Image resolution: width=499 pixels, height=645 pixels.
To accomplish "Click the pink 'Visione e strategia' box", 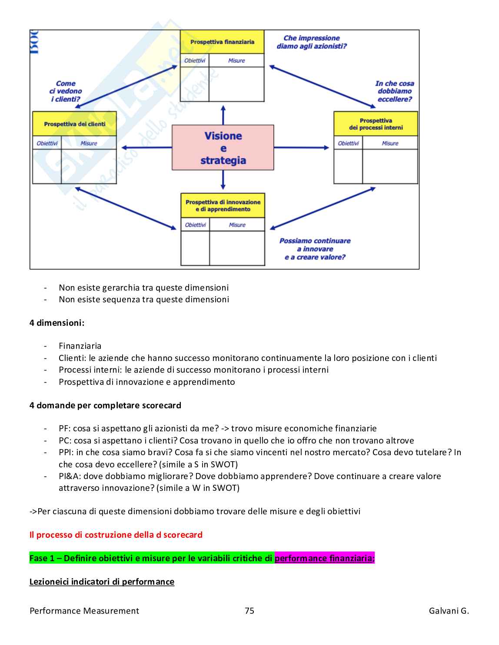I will tap(223, 148).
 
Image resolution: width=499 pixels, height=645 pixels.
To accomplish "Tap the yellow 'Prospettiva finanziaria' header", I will tap(222, 42).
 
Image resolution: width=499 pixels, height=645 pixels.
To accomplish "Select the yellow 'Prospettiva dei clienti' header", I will tap(74, 124).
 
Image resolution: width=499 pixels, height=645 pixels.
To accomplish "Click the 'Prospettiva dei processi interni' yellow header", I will tap(376, 124).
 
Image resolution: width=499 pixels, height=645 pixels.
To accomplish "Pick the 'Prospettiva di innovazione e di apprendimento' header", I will tap(223, 205).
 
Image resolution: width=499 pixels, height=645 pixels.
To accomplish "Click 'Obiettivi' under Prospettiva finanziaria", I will tap(195, 61).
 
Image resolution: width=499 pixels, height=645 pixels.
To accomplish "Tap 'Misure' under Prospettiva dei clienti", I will tap(89, 143).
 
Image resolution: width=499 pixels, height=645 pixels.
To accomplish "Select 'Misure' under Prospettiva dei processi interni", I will tap(390, 143).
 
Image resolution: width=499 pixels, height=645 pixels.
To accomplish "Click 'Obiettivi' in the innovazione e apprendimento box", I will tap(196, 225).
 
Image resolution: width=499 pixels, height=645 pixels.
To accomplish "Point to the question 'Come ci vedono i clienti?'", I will tap(66, 91).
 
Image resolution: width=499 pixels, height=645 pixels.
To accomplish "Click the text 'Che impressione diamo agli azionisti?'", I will tap(312, 42).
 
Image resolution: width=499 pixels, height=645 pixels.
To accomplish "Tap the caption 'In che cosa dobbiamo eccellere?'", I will tap(395, 91).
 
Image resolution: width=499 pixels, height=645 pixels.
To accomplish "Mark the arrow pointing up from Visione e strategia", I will tap(223, 115).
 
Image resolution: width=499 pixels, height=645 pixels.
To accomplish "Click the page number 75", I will tap(249, 611).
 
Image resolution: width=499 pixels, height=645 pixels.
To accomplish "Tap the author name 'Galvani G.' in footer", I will tap(449, 611).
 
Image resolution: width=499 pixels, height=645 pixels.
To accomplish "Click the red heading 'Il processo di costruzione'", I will tap(116, 535).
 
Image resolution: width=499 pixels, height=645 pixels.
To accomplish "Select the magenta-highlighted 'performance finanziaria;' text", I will tap(324, 558).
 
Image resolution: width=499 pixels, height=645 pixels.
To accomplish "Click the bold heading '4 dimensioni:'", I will tap(57, 323).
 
